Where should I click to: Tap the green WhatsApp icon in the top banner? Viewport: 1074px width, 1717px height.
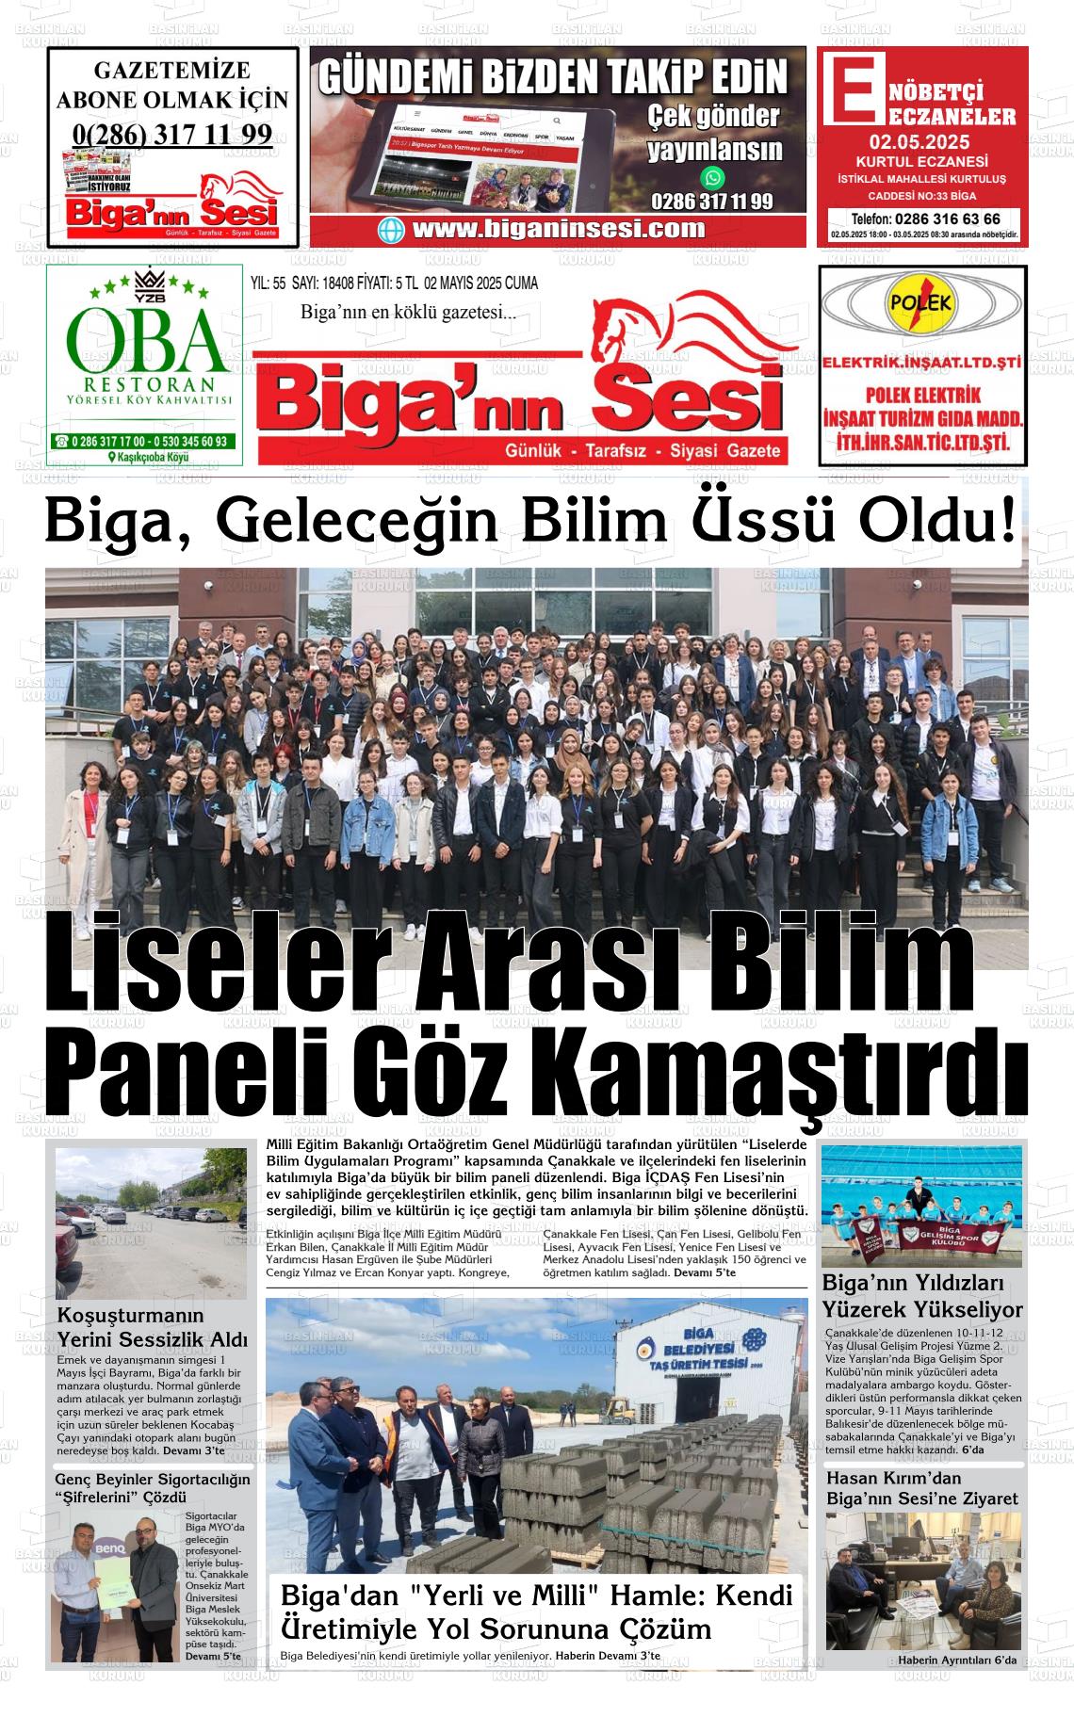(713, 177)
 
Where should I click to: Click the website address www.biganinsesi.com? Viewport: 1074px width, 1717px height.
(559, 229)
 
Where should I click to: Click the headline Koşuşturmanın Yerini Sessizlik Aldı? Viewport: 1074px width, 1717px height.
(152, 1326)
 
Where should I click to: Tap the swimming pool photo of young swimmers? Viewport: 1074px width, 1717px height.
(920, 1206)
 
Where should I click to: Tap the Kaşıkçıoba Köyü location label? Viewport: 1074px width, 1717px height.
(149, 457)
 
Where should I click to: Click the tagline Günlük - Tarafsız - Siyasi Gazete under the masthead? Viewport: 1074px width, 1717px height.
(643, 451)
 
